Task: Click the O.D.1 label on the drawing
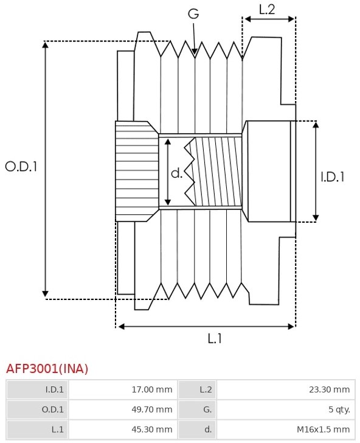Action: point(21,167)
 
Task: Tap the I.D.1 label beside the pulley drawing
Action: point(333,177)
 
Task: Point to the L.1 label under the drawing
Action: point(215,338)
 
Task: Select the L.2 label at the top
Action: point(267,10)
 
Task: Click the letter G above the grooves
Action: point(193,13)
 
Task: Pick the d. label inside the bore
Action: point(177,173)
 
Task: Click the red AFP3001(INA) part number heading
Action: point(47,369)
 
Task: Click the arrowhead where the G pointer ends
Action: point(195,51)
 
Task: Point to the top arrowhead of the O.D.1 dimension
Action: point(45,44)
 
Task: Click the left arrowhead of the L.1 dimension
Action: point(121,327)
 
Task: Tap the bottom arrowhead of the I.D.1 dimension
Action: point(316,218)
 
